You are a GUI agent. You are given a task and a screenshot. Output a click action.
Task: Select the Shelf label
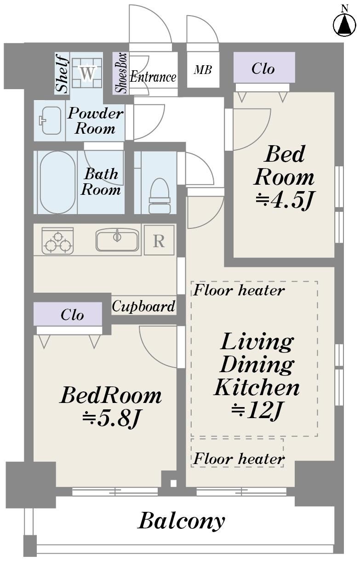tap(62, 73)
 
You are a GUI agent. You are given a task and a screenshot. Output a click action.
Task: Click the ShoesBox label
tap(120, 73)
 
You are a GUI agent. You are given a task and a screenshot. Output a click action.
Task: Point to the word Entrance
tap(153, 76)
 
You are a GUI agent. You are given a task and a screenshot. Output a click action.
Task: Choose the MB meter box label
tap(203, 70)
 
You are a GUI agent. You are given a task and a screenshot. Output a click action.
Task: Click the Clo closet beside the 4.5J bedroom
tap(264, 68)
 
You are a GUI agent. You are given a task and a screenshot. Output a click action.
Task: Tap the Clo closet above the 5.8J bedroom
tap(68, 314)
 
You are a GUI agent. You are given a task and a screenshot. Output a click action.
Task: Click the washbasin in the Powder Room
tap(51, 120)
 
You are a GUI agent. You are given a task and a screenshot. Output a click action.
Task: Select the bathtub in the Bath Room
tap(57, 182)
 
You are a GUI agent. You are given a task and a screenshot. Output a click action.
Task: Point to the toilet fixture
tap(159, 196)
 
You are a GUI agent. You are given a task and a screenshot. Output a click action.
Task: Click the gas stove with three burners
tap(57, 241)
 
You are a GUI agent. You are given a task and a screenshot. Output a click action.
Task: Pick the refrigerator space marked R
tap(159, 240)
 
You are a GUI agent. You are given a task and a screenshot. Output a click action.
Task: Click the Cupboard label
tap(143, 306)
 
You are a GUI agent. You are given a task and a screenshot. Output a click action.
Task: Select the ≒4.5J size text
tap(285, 200)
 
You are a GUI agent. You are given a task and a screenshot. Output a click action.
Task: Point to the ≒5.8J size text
tap(110, 417)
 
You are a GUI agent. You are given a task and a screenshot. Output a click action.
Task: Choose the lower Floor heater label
tap(239, 459)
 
